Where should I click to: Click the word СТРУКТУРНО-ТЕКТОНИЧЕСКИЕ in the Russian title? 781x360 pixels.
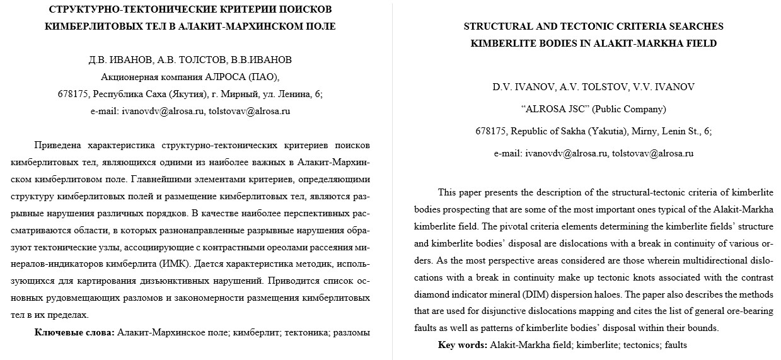(x=115, y=9)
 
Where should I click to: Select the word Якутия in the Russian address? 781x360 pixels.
(x=190, y=94)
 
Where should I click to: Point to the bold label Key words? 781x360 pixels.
(x=463, y=345)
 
